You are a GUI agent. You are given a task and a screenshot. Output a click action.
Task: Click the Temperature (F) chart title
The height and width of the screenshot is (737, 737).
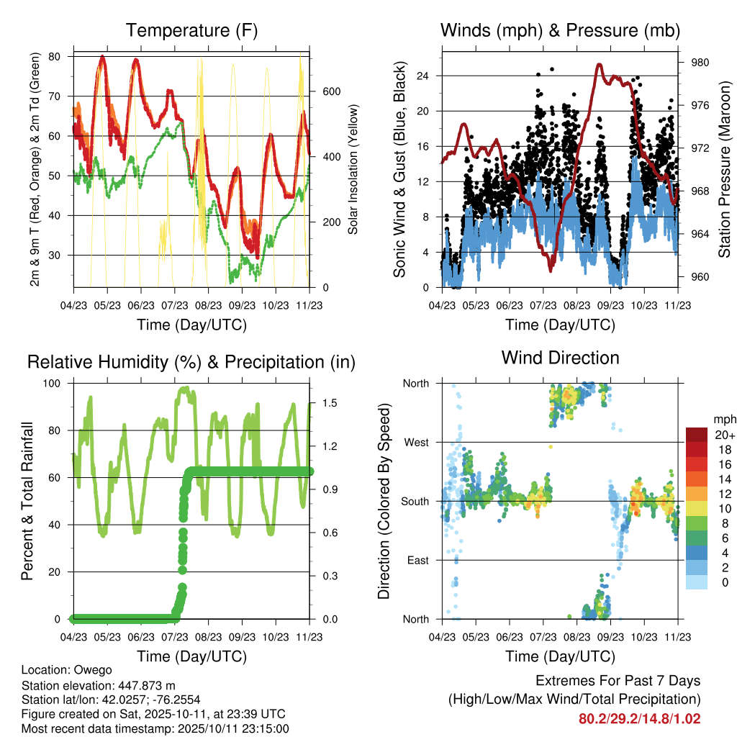[x=191, y=30]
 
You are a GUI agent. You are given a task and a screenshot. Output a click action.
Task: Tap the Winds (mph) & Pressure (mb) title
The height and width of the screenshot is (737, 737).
[x=560, y=30]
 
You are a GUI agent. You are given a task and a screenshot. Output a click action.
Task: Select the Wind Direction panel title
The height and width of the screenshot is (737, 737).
[x=560, y=358]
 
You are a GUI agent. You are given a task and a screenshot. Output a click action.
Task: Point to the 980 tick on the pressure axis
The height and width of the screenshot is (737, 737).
[x=700, y=63]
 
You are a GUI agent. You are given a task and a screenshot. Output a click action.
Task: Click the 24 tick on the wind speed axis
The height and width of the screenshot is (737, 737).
[x=423, y=76]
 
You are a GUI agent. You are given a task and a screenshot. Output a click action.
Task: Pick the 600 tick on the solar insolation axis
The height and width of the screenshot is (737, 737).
[x=331, y=91]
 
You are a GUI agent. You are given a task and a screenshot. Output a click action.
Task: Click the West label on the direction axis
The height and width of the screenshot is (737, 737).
[x=416, y=442]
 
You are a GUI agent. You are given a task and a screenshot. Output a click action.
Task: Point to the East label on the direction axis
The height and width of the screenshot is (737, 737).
[x=417, y=560]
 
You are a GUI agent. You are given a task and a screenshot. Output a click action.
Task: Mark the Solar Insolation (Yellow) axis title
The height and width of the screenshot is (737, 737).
[x=353, y=170]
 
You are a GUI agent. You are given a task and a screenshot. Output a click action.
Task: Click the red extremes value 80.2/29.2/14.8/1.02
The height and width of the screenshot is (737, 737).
[x=639, y=718]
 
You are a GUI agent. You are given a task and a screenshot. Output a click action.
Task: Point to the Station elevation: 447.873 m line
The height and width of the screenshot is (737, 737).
[x=99, y=685]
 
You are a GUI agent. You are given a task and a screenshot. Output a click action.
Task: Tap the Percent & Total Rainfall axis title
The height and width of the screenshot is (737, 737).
[x=28, y=501]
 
